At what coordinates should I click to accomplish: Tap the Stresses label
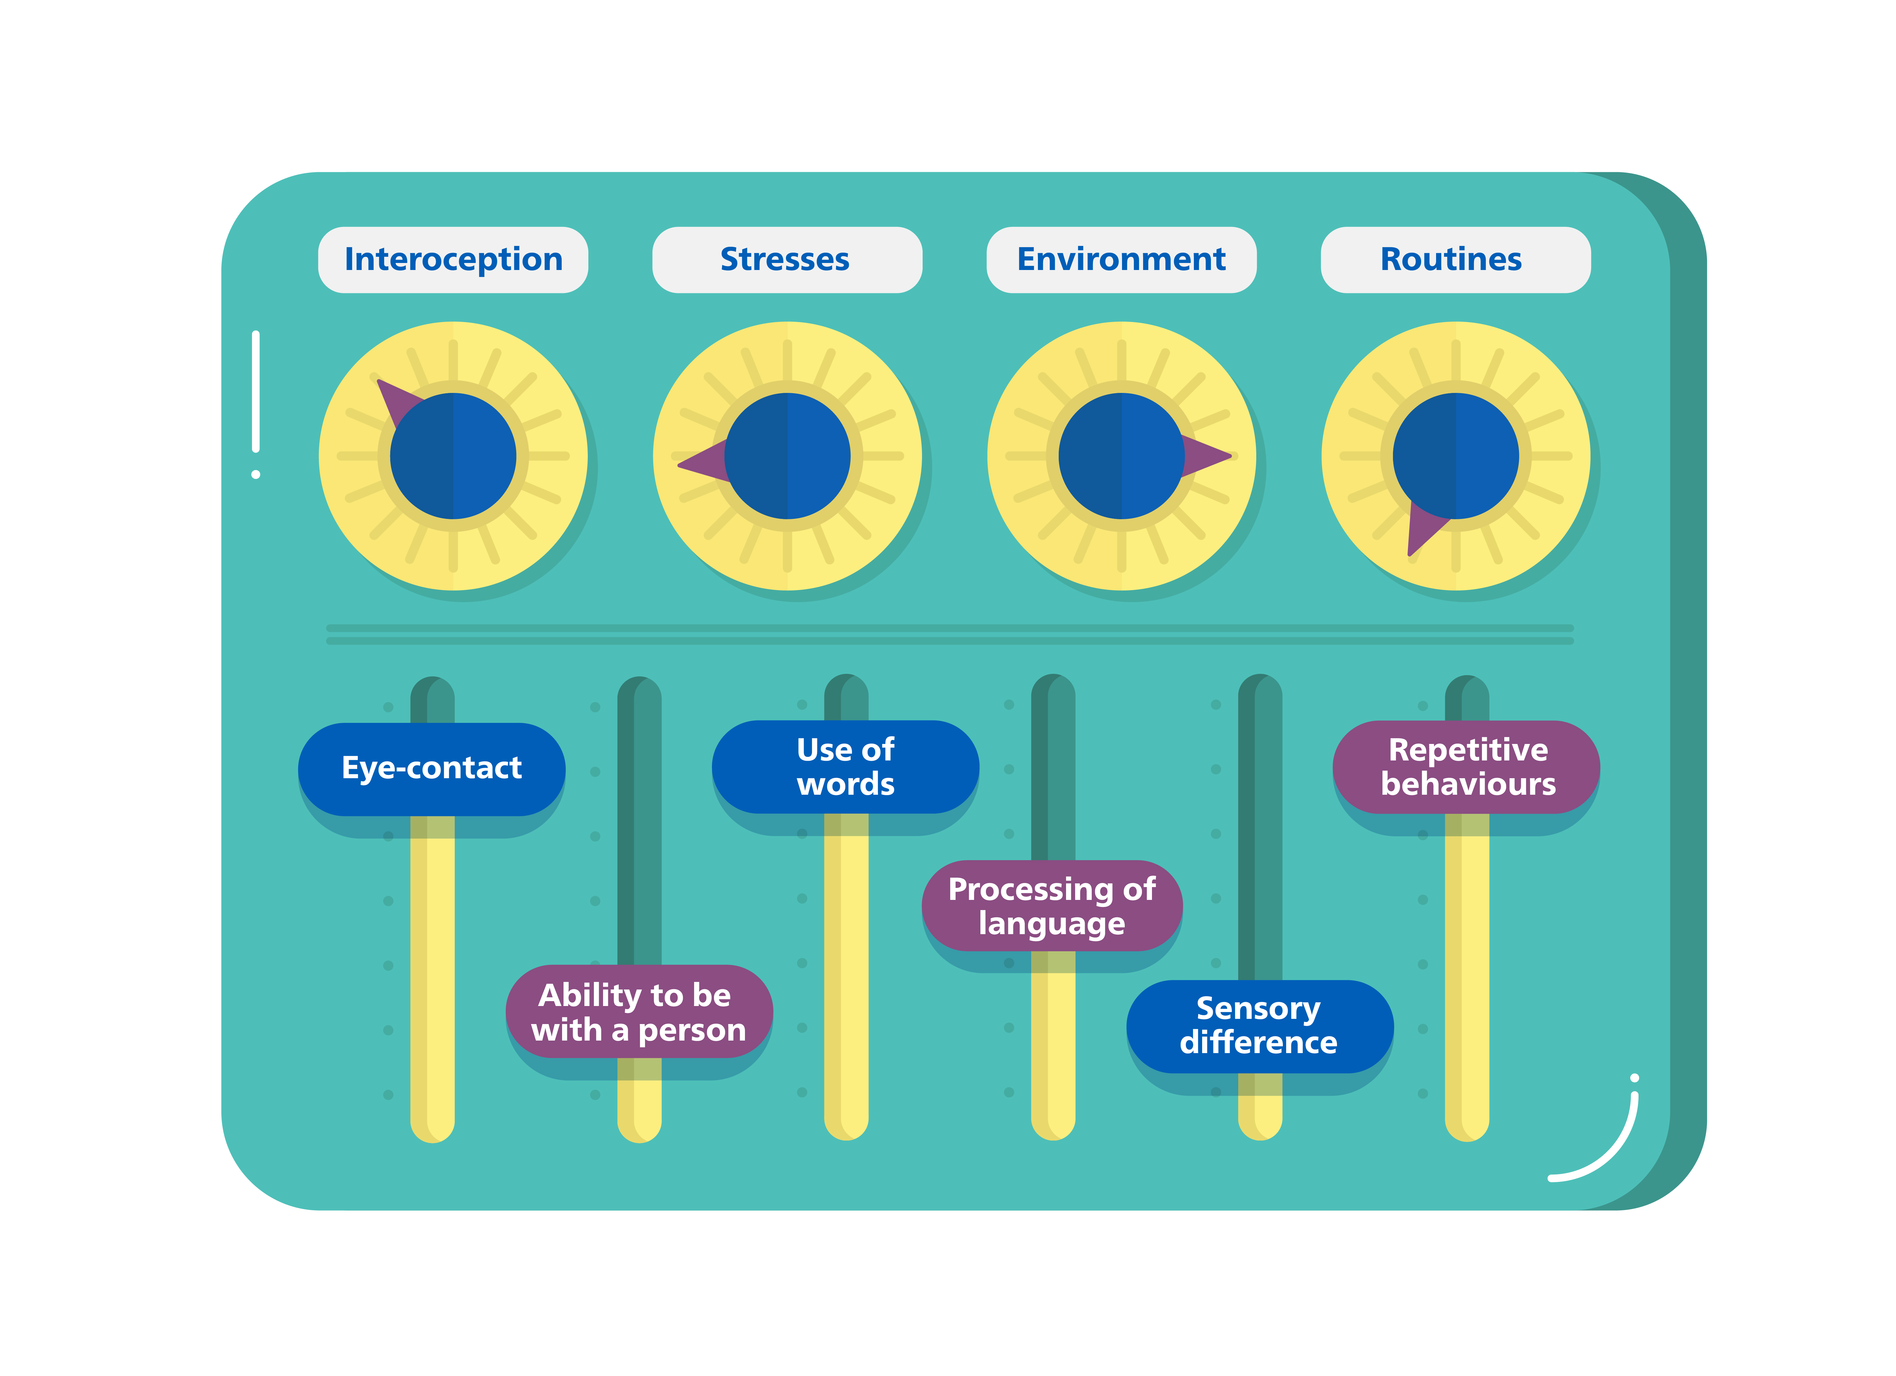tap(786, 259)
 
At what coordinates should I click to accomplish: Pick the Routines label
tap(1455, 259)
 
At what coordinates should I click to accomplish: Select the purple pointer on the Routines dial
tap(1421, 527)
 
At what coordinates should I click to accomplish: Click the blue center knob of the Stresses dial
tap(787, 456)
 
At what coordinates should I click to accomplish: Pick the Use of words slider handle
tap(845, 767)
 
